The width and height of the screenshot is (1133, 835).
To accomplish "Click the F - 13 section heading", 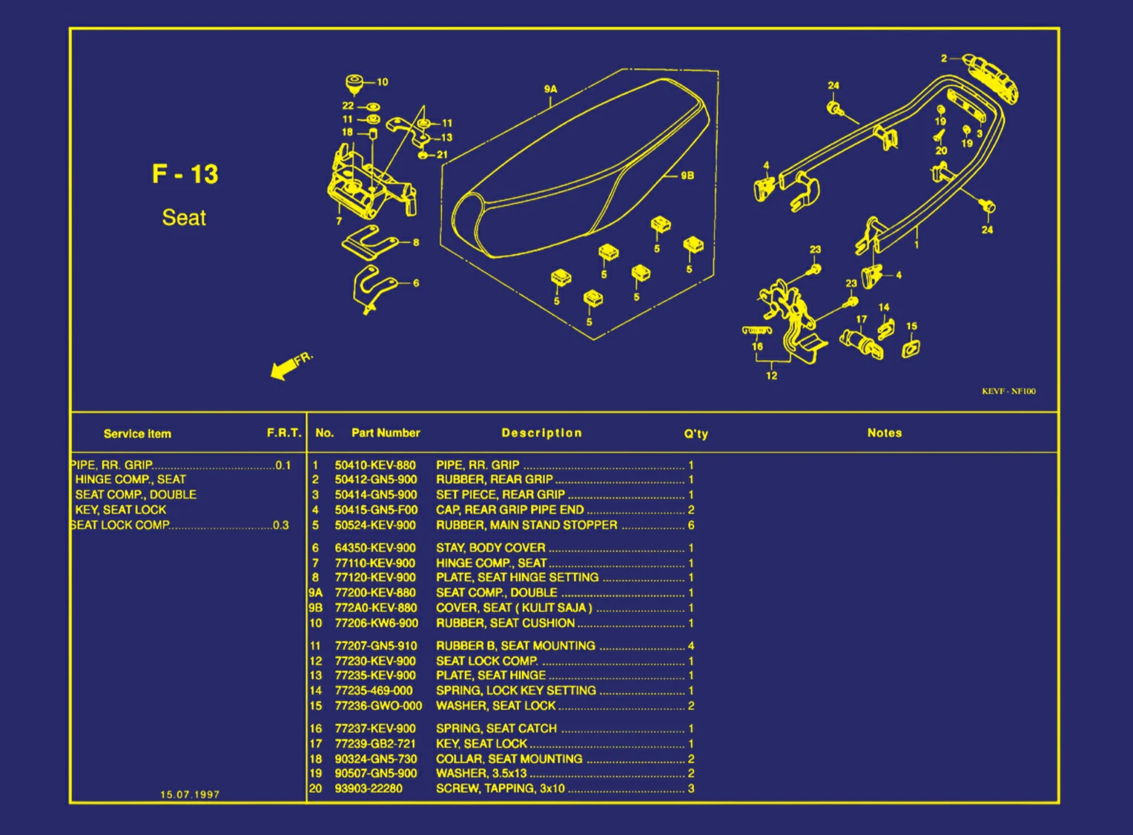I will click(185, 174).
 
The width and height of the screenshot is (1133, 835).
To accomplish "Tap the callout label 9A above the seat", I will click(550, 89).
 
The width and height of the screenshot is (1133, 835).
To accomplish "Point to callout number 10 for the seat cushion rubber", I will click(382, 82).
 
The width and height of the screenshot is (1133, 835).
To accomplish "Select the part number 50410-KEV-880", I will click(375, 465).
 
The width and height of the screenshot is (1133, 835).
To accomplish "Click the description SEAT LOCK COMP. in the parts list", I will click(486, 661).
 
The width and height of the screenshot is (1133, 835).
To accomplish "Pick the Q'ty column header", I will click(696, 433).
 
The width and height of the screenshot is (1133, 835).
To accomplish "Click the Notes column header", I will click(885, 433).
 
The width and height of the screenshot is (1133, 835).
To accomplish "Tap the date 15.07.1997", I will click(190, 794).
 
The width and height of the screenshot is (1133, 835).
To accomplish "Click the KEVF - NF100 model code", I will click(1008, 391).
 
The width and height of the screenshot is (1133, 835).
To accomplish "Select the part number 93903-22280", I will click(369, 788).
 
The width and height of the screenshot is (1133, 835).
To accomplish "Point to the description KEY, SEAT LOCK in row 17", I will click(481, 743).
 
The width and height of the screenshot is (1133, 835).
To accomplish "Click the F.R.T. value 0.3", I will click(281, 525).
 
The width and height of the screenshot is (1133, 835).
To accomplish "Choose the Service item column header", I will click(137, 433).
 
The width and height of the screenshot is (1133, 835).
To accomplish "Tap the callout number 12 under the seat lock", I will click(772, 376).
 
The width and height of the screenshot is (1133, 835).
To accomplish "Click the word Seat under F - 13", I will click(184, 218).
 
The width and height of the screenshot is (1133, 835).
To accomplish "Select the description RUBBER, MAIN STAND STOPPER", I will click(526, 525).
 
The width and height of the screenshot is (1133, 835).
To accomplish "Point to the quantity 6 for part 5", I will click(691, 525).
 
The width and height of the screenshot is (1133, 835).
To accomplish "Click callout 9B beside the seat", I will click(687, 176).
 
